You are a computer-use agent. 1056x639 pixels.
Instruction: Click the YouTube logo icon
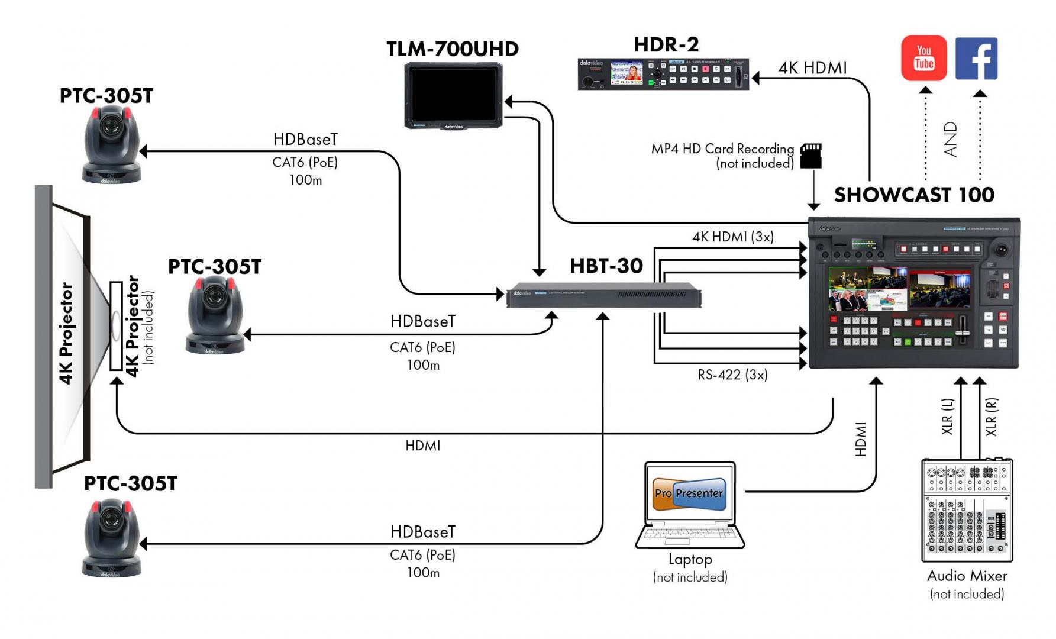[x=923, y=58]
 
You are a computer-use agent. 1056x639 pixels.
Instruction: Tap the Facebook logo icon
[x=976, y=59]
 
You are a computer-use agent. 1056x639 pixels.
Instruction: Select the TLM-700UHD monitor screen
[x=453, y=95]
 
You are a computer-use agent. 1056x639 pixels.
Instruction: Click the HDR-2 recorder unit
[x=663, y=74]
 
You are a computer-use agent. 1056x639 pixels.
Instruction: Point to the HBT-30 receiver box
[x=603, y=295]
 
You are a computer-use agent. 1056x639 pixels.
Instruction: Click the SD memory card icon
[x=810, y=156]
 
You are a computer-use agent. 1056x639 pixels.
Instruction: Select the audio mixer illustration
[x=967, y=510]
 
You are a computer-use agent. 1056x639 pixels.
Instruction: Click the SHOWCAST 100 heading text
[x=914, y=195]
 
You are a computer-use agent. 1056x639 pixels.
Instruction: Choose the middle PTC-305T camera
[x=215, y=316]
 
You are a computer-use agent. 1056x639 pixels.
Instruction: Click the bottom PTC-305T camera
[x=111, y=538]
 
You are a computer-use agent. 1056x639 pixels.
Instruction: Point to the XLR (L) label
[x=947, y=417]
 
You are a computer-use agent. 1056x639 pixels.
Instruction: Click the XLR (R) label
[x=991, y=417]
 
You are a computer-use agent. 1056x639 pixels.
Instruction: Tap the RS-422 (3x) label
[x=732, y=375]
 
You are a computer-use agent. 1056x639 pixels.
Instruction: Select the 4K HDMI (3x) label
[x=733, y=237]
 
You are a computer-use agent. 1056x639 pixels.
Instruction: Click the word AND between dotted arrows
[x=950, y=140]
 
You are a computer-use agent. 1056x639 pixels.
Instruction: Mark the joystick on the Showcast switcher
[x=1001, y=250]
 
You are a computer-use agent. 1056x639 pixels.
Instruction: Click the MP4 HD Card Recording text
[x=722, y=149]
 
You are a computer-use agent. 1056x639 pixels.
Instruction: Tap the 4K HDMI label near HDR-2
[x=812, y=68]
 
